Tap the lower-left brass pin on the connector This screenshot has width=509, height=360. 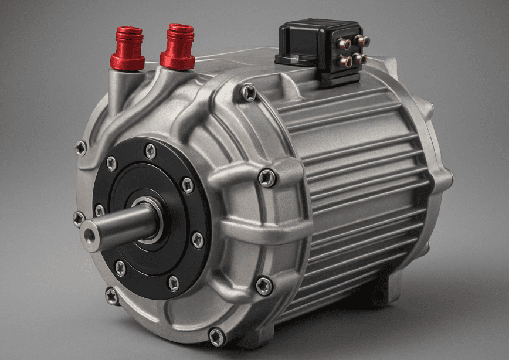[348, 62]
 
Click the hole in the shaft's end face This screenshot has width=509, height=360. [89, 236]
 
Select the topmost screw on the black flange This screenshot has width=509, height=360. [151, 151]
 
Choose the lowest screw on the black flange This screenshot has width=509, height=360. [174, 284]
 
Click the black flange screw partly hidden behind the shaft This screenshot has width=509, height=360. [100, 210]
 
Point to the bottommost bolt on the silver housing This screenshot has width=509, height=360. [216, 336]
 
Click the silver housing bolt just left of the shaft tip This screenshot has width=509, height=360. [79, 219]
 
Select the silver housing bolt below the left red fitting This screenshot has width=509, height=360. [81, 148]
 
